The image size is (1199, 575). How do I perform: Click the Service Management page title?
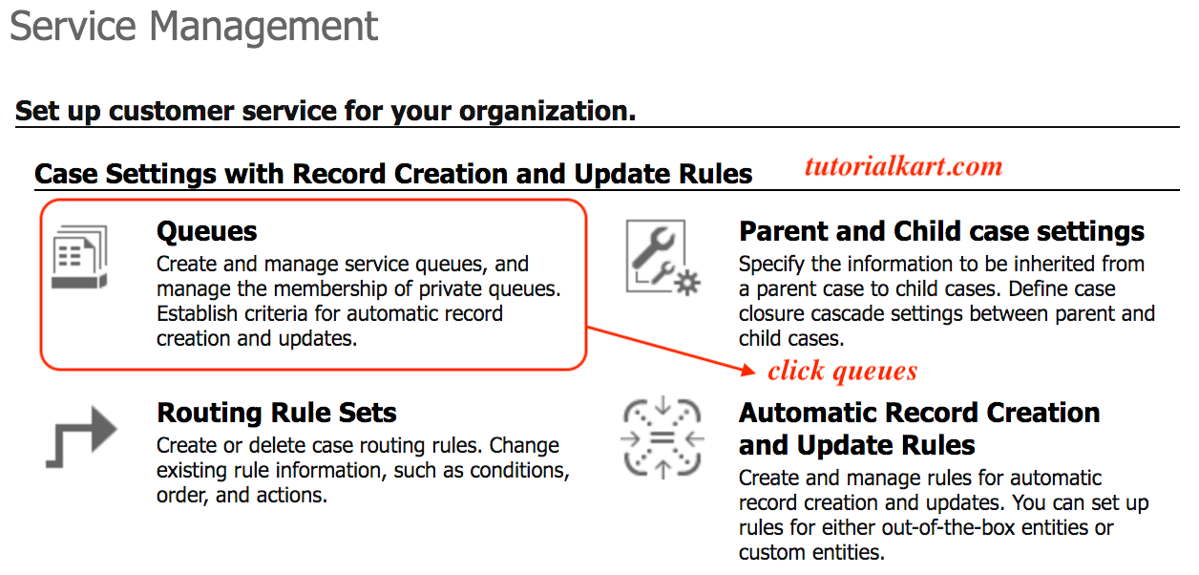[x=194, y=27]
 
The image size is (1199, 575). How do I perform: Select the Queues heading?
[x=207, y=231]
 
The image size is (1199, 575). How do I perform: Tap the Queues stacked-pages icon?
[x=79, y=256]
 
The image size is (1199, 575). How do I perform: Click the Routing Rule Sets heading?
[x=277, y=413]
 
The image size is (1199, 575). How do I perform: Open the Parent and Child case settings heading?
[x=941, y=231]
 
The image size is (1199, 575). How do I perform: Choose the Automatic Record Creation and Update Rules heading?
[x=919, y=429]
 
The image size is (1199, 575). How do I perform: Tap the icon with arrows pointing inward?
[x=663, y=437]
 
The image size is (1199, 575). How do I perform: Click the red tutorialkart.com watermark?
[x=903, y=167]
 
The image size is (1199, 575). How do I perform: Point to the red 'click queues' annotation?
[x=842, y=371]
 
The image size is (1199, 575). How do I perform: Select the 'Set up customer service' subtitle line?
[x=326, y=111]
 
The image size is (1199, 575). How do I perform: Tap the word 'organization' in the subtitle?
[x=547, y=111]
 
